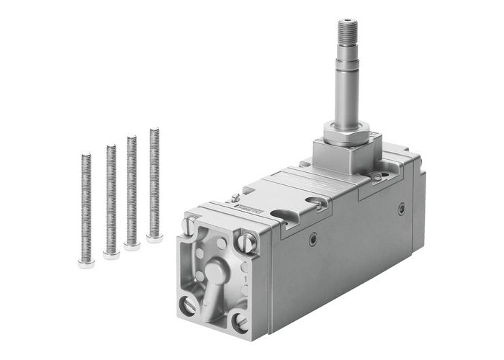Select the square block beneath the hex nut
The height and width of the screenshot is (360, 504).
346,156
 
